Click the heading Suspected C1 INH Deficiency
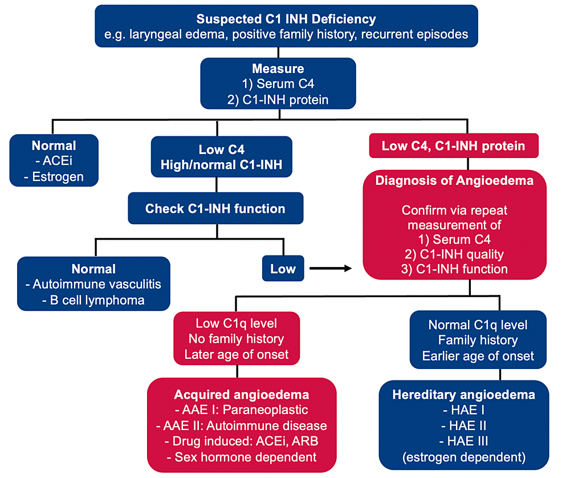coord(286,19)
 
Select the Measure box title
coord(278,68)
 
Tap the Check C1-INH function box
coord(215,209)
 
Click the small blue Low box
coord(283,269)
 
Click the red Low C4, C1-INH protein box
coord(453,146)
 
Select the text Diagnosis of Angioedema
coord(454,181)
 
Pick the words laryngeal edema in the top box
coord(162,34)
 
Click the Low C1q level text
coord(236,323)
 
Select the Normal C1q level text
coord(478,325)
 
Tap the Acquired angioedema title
coord(241,395)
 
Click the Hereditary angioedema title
coord(463,395)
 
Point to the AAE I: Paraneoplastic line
coord(241,410)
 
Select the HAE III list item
coord(463,441)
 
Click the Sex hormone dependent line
coord(241,456)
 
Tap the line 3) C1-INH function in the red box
coord(454,269)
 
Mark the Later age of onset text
coord(236,354)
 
